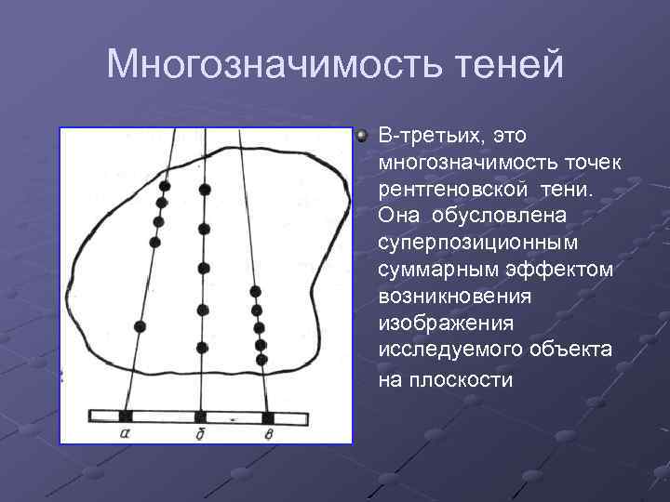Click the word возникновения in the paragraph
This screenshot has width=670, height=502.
[x=454, y=296]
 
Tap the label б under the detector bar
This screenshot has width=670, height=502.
[x=200, y=432]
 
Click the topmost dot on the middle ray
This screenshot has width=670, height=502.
[x=205, y=189]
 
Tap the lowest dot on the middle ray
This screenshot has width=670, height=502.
[x=202, y=349]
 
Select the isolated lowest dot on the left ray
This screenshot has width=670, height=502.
[x=140, y=326]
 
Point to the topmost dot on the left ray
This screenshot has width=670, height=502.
[x=164, y=184]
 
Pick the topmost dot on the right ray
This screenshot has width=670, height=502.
[x=255, y=292]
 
